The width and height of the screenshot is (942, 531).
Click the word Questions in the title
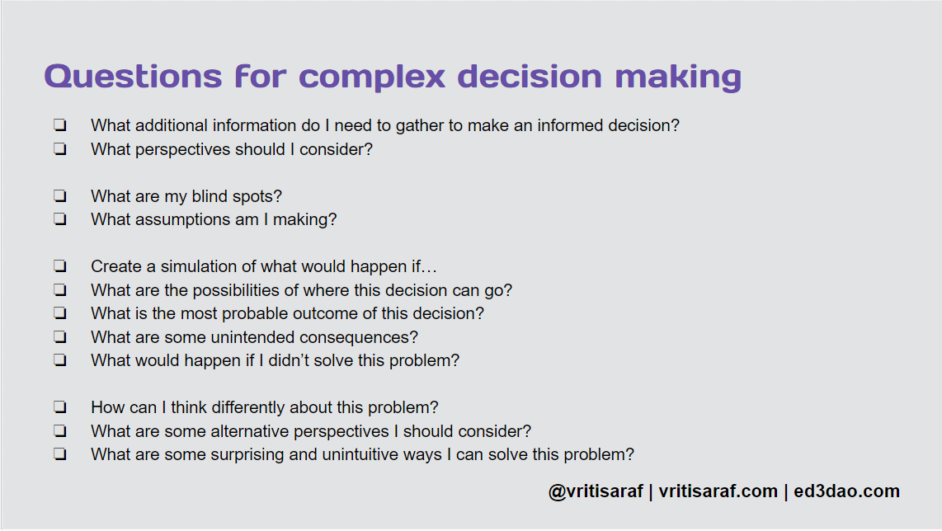click(134, 77)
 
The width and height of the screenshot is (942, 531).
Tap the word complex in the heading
click(372, 77)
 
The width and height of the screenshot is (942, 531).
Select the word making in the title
click(678, 78)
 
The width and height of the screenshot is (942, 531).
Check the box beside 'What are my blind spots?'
click(60, 195)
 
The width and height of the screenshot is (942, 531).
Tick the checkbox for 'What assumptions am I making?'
click(60, 219)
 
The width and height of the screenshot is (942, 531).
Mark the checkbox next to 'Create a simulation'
click(60, 266)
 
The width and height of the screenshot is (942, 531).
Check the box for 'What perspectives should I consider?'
click(60, 149)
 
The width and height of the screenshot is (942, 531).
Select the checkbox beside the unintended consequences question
click(60, 337)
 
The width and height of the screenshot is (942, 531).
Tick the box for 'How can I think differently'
click(60, 407)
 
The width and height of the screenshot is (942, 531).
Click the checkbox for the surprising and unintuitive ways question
click(60, 454)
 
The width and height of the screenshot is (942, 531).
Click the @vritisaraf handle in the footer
click(596, 491)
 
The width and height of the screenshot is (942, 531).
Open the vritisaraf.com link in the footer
click(718, 491)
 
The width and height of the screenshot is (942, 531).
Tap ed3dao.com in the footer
click(846, 491)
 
